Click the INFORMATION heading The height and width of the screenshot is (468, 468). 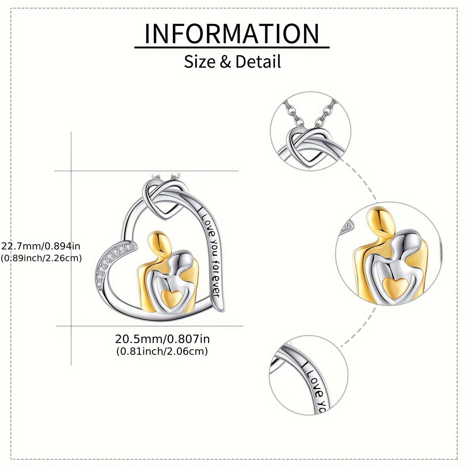[x=232, y=34]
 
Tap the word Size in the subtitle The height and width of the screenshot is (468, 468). [x=199, y=62]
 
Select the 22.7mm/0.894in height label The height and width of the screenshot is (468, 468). [x=41, y=246]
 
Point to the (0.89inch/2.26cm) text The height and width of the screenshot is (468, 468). [x=41, y=258]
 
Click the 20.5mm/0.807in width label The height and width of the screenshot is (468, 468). [x=162, y=339]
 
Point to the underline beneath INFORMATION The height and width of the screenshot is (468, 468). [x=232, y=48]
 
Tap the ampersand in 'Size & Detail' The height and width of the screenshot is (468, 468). [x=225, y=62]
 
